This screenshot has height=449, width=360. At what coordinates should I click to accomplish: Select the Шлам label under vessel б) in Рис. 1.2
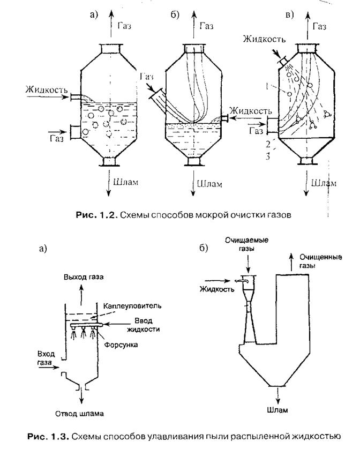207,182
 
